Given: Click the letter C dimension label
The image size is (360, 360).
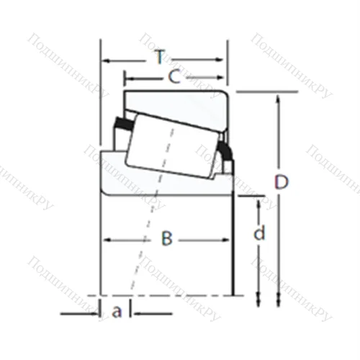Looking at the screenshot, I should (x=174, y=76).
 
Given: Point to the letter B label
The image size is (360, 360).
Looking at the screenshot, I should (x=166, y=238).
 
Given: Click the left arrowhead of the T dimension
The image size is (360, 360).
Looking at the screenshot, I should (x=104, y=60).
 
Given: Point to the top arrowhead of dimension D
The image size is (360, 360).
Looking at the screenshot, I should (x=278, y=96).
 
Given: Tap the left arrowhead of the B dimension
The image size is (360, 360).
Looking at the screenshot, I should (x=105, y=238).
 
